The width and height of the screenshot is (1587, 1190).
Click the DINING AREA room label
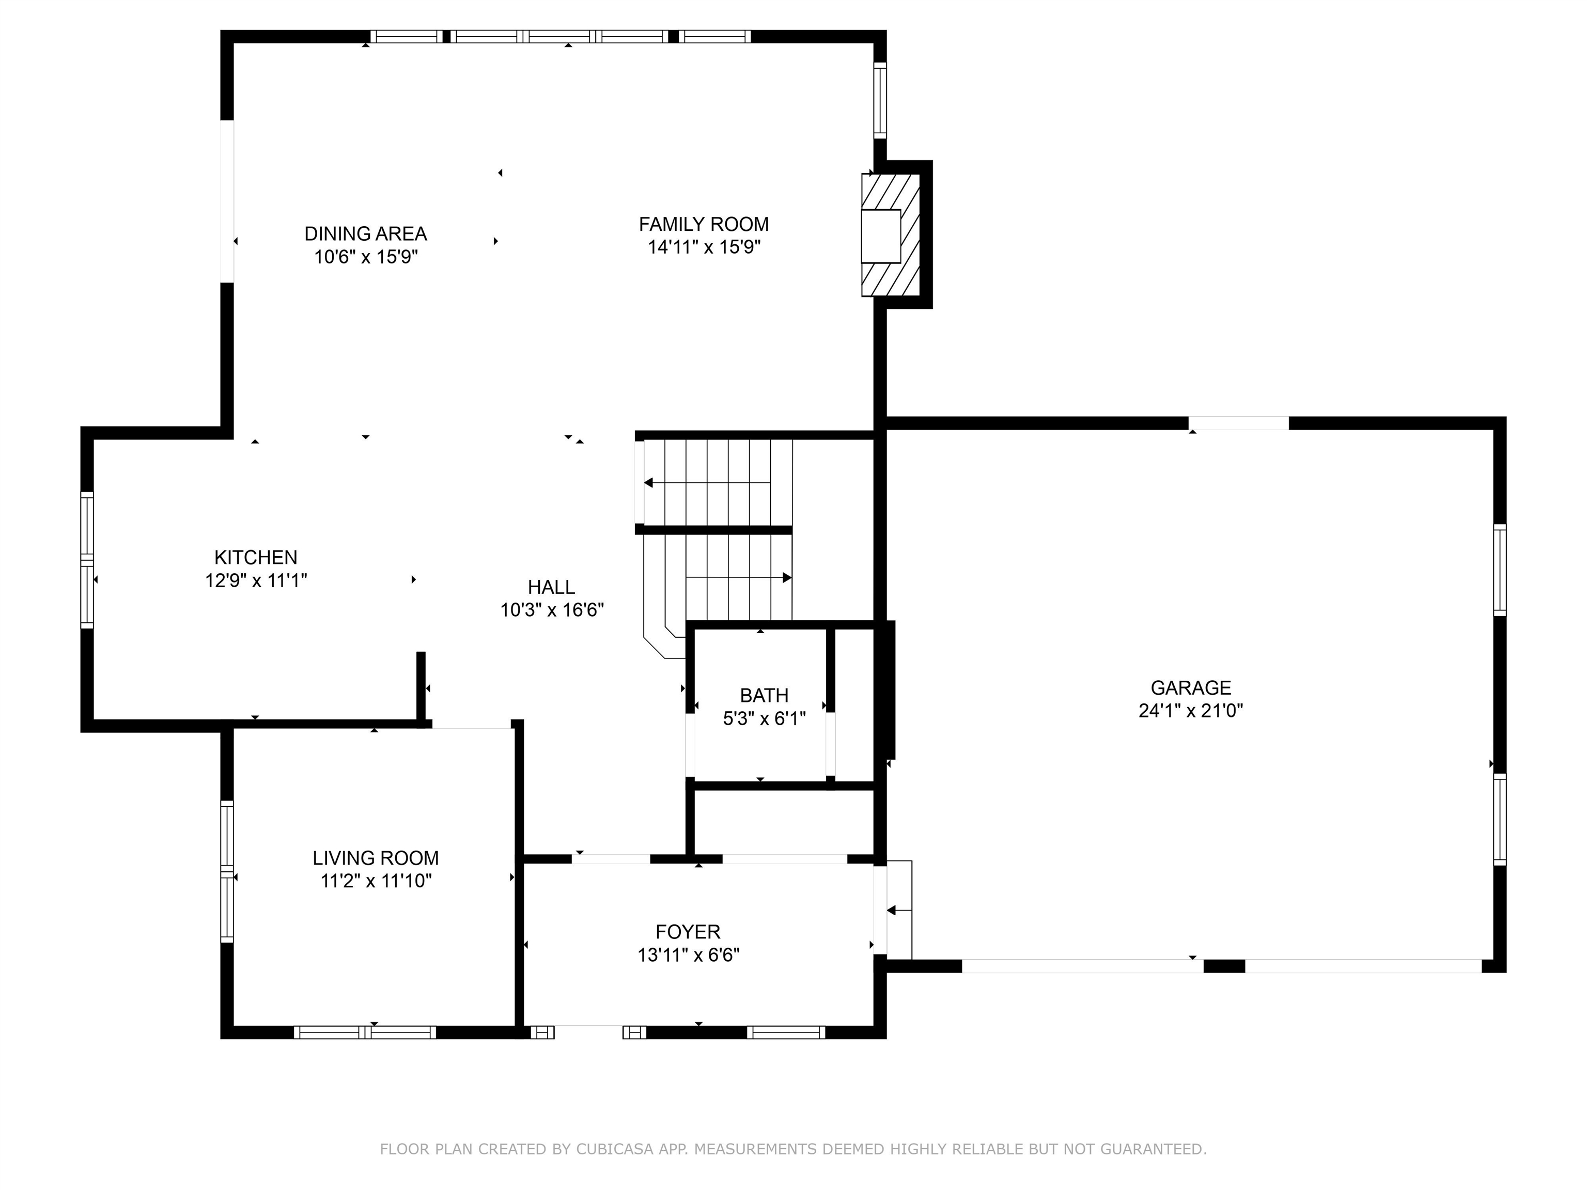365,234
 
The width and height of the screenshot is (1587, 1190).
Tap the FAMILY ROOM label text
704,225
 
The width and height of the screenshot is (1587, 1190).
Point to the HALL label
551,587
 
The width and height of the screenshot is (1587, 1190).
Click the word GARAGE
1191,688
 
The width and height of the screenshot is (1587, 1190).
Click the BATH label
764,695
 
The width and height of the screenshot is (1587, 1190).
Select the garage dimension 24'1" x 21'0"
1191,711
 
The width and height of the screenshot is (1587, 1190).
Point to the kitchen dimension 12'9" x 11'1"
256,581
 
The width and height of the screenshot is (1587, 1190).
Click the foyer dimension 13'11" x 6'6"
689,954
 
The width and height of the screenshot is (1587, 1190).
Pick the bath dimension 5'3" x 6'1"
764,718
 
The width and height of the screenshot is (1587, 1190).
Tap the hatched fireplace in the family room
890,234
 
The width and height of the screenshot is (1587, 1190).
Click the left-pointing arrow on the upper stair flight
707,483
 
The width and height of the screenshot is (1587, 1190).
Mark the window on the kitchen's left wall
87,560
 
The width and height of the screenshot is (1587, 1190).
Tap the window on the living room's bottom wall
365,1032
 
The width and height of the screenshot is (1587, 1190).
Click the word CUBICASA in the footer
614,1149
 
